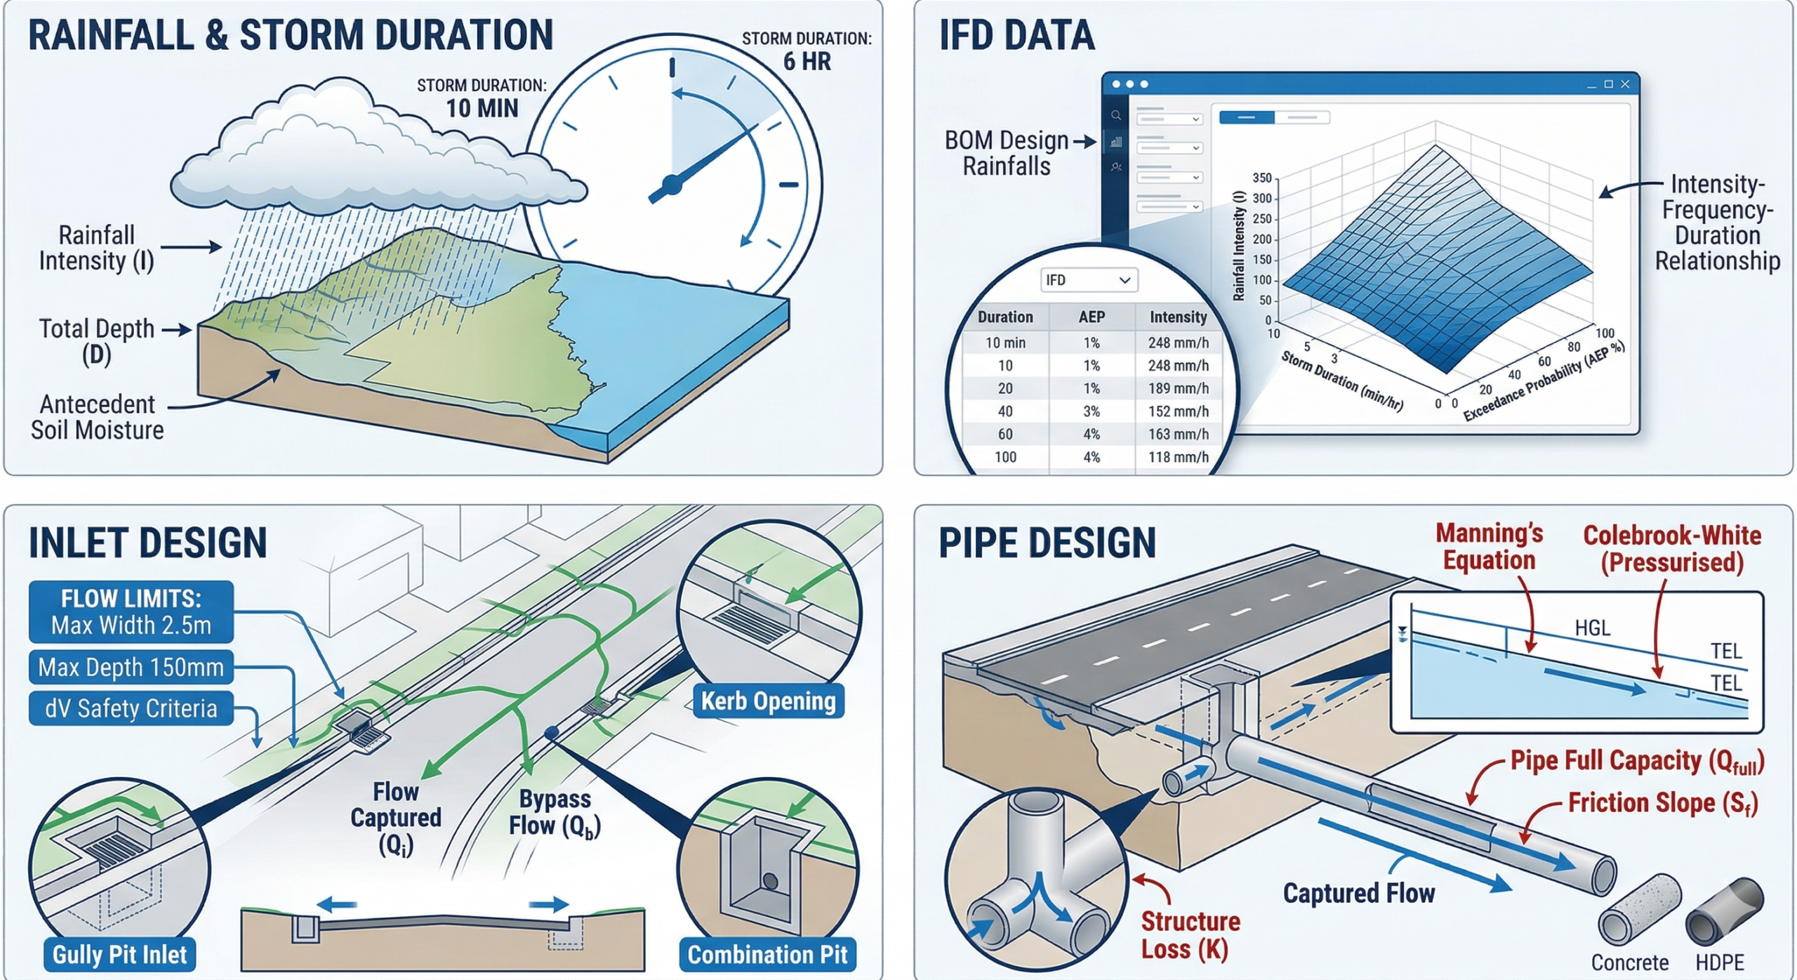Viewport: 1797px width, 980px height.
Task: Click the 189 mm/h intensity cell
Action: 1178,388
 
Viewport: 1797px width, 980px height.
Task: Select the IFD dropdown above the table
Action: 1088,280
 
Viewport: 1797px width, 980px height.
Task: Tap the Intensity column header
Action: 1178,317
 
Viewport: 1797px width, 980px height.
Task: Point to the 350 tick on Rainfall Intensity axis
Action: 1261,178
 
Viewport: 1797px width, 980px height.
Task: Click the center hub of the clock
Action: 672,185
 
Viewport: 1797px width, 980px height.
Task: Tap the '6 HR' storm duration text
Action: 807,62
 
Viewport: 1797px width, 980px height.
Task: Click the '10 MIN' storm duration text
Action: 482,108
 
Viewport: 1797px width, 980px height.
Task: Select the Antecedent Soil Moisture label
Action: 97,417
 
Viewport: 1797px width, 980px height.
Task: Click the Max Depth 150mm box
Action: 131,667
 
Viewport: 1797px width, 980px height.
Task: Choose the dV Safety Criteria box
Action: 131,708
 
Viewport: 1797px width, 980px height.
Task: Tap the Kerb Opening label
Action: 768,701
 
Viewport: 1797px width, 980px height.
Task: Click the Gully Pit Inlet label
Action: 119,955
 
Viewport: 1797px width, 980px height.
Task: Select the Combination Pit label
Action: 767,955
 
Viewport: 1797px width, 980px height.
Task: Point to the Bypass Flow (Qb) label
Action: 555,812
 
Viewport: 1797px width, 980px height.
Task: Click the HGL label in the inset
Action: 1592,628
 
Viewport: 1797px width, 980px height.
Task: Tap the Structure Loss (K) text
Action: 1190,935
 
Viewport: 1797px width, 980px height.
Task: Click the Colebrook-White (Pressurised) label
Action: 1671,548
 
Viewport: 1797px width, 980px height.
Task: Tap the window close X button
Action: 1625,84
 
